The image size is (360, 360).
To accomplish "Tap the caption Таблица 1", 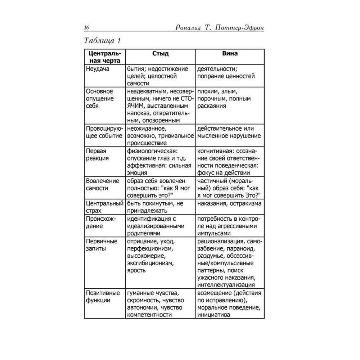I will point(105,40).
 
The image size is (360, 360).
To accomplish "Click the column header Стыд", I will point(160,54).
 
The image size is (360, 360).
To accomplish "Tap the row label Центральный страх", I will point(104,207).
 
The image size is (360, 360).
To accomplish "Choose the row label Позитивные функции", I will point(101,297).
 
